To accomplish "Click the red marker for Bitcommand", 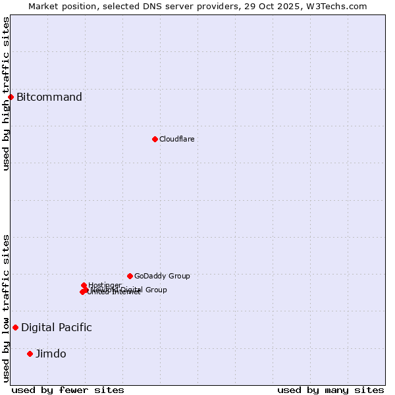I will (11, 97).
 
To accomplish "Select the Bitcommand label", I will (49, 97).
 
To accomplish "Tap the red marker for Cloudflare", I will (155, 139).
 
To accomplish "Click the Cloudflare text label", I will (176, 139).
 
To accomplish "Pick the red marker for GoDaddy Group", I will (130, 276).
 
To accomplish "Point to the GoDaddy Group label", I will (162, 276).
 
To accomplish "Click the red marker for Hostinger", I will (84, 286).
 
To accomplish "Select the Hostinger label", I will (105, 285).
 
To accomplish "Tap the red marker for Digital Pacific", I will (15, 327).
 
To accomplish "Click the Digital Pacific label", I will (57, 327).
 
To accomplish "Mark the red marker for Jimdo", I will (30, 354).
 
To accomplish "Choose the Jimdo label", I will (51, 354).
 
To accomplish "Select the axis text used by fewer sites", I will (68, 390).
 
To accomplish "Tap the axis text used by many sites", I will (330, 390).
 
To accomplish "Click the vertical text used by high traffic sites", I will (6, 93).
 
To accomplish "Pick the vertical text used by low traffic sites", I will (6, 308).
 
